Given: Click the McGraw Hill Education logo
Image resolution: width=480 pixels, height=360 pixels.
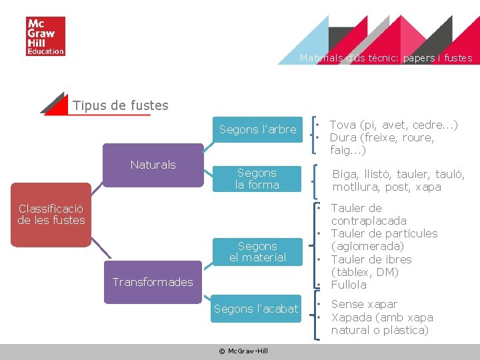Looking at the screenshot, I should pos(45,37).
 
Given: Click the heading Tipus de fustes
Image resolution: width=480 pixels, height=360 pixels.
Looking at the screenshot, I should pos(120,105).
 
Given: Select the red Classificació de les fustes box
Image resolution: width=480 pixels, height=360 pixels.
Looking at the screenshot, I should pos(52,214).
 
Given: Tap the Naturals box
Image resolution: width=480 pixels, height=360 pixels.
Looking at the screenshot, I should pos(153,165).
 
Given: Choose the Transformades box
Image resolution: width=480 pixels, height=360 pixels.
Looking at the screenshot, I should pos(153,282).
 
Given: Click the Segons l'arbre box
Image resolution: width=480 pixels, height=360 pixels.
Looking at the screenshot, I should pos(257,129).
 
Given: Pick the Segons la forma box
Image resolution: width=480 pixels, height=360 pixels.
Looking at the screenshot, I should pos(257,179).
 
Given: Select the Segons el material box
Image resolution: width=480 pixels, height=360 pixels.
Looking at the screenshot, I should pos(257,251).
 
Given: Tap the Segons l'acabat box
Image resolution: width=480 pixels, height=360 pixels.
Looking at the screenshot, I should pos(256,309).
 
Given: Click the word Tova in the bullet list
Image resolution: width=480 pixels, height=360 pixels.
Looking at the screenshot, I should pos(343,125).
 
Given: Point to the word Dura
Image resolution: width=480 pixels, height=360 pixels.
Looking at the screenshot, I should pos(343,138).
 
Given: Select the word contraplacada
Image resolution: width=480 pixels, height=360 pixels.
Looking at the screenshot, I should pos(369,221).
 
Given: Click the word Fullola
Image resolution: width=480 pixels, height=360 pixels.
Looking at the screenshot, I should pos(349,285).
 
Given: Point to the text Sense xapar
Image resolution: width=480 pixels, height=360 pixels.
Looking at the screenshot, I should pos(364,305).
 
